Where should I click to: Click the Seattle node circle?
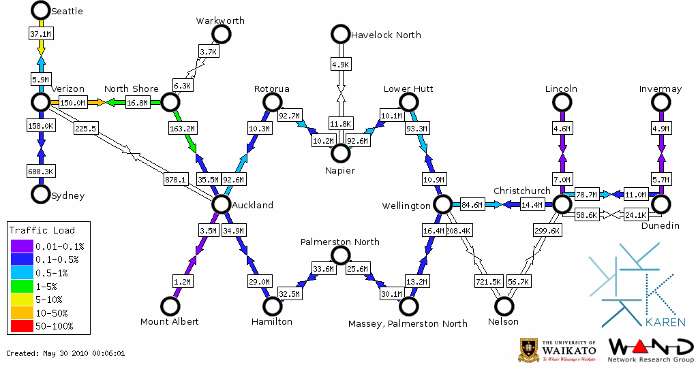click(x=41, y=10)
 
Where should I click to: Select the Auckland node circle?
click(x=220, y=204)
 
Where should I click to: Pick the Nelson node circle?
click(x=504, y=306)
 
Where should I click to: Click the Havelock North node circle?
click(x=339, y=34)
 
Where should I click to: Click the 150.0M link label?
click(x=72, y=103)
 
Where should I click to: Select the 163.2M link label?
click(x=182, y=127)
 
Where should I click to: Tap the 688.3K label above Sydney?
click(x=41, y=170)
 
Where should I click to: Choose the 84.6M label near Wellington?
click(x=472, y=204)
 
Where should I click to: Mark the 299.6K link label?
click(x=547, y=231)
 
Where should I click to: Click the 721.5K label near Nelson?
click(x=488, y=281)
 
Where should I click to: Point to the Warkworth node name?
click(x=220, y=21)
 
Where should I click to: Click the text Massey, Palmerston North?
click(x=408, y=323)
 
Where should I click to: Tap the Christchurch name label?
click(x=521, y=191)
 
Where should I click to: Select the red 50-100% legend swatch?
click(x=21, y=326)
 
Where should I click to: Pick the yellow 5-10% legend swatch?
click(x=21, y=299)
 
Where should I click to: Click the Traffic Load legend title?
click(x=42, y=230)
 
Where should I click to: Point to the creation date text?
click(x=65, y=353)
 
